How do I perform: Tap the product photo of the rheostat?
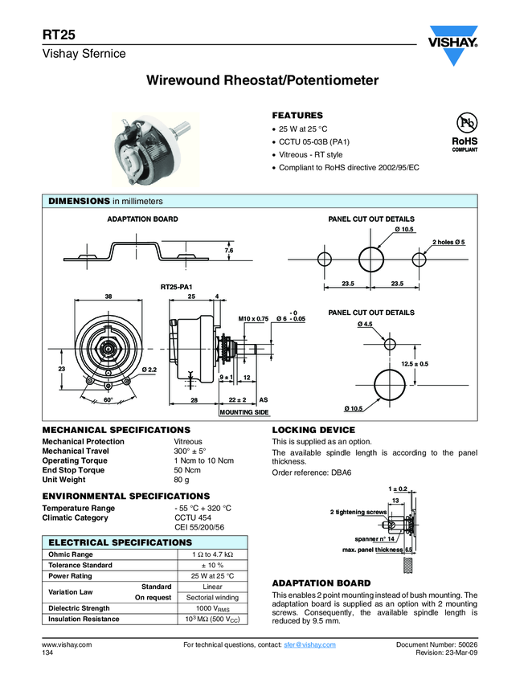point(152,147)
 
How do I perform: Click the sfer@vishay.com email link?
point(309,645)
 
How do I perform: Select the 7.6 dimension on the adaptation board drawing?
point(229,252)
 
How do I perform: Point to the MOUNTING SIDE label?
point(244,412)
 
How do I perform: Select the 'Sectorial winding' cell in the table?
point(212,598)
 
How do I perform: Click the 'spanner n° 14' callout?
point(370,538)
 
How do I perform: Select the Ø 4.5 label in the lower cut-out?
point(365,324)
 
